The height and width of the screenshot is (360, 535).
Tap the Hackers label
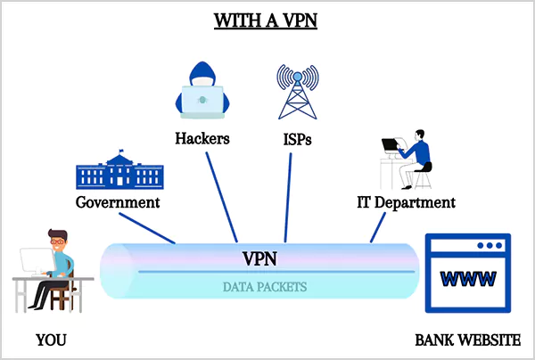coord(202,138)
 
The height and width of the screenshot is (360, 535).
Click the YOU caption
coord(51,340)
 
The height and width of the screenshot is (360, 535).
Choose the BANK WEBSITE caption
coord(467,340)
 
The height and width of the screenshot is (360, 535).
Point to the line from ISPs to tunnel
coord(288,196)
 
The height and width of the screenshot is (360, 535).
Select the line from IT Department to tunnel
coord(378,227)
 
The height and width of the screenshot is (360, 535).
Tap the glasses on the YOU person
coord(56,241)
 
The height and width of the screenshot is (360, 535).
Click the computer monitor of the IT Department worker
coord(390,144)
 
